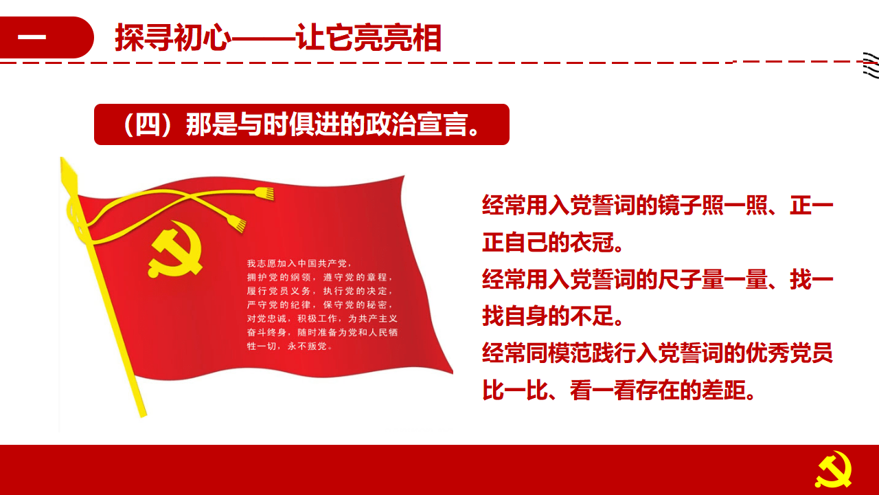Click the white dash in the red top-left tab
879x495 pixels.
pyautogui.click(x=32, y=37)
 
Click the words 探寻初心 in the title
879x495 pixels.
pyautogui.click(x=173, y=38)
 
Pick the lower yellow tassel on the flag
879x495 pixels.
pyautogui.click(x=237, y=223)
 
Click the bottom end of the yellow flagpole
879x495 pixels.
pyautogui.click(x=143, y=415)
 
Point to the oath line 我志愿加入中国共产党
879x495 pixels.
pyautogui.click(x=297, y=263)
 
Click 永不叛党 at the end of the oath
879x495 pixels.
pyautogui.click(x=307, y=346)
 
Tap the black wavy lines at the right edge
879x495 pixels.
pyautogui.click(x=871, y=65)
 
